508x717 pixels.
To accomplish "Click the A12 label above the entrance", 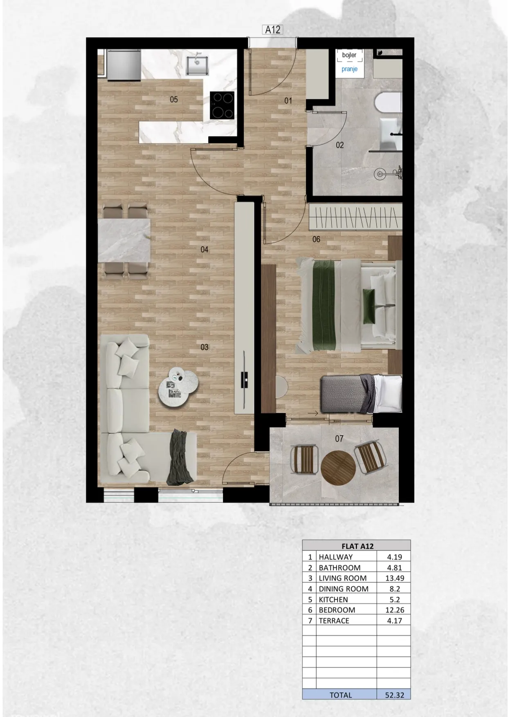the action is tap(272, 30).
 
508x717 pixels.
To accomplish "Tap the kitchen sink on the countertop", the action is tap(196, 65).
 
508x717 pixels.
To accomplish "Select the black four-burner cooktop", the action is tap(222, 105).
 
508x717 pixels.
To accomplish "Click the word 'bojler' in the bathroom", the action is tap(349, 55).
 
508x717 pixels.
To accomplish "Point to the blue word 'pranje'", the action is tap(350, 69).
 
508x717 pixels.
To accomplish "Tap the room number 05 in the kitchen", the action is tap(174, 99).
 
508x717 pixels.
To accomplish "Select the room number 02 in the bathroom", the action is tap(340, 145).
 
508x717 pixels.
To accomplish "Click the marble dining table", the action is tap(124, 241).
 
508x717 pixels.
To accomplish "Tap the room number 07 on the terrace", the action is tap(339, 439).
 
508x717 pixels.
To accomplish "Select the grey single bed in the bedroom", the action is tap(362, 394).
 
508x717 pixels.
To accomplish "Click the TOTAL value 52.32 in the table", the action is tap(394, 695).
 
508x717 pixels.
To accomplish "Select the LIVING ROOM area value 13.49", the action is tap(395, 578).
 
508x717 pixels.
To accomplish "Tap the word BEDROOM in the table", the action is tap(337, 610).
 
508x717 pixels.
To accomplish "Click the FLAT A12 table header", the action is tap(357, 546).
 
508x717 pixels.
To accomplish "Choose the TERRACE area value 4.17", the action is tap(395, 621).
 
